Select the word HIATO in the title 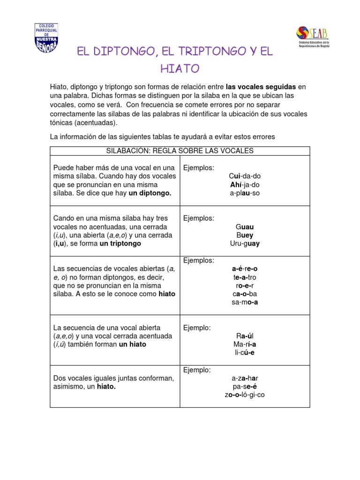pos(180,69)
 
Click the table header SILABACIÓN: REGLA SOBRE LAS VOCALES pos(180,150)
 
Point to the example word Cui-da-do pos(245,176)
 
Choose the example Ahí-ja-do pos(245,185)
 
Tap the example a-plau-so pos(245,193)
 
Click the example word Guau pos(245,227)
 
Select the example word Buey pos(245,235)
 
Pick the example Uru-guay pos(245,244)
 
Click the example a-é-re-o pos(245,269)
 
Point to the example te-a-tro pos(245,277)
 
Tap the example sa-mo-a pos(245,302)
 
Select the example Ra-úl pos(245,336)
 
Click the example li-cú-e pos(245,352)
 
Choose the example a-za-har pos(245,378)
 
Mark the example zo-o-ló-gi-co pos(245,395)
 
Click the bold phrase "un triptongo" pos(120,244)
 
